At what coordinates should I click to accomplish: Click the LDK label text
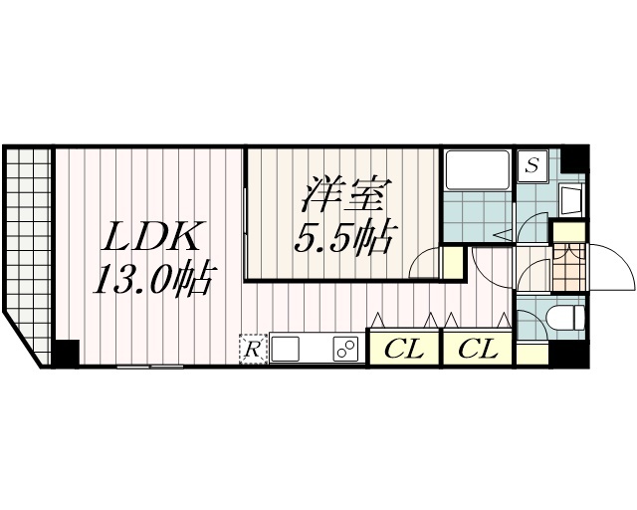coord(150,236)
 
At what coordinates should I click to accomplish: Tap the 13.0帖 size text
coord(153,279)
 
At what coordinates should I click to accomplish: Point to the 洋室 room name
coord(343,194)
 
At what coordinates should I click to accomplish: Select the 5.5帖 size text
coord(343,238)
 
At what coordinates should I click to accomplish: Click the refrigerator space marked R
coord(253,349)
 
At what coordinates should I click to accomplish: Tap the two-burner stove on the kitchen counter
coord(346,349)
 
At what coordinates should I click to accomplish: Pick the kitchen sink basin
coord(285,349)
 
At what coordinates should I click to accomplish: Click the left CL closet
coord(404,349)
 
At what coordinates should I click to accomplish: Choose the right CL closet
coord(478,349)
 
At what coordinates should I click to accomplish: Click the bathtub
coord(478,170)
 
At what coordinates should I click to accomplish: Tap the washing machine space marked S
coord(531,165)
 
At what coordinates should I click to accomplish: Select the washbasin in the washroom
coord(570,200)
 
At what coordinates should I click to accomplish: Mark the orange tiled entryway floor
coord(568,267)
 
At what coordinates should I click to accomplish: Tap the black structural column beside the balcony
coord(66,353)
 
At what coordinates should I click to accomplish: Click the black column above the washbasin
coord(574,159)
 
